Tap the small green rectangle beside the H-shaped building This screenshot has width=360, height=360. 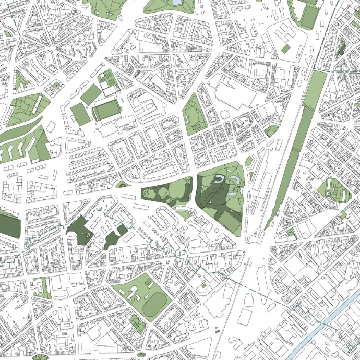click(285, 49)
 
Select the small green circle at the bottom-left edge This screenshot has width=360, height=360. click(39, 357)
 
